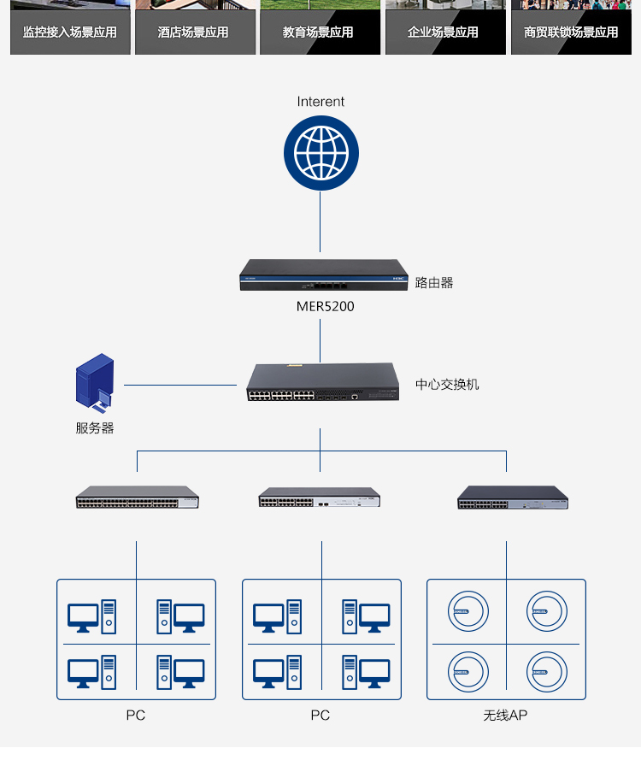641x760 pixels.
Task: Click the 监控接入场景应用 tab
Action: [x=70, y=32]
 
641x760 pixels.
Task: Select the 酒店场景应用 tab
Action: [x=195, y=32]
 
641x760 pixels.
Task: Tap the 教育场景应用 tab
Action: [x=320, y=32]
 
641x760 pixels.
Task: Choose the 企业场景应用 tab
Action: [x=444, y=32]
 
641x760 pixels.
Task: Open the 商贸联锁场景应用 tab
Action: [x=571, y=32]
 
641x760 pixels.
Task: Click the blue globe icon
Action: [x=321, y=153]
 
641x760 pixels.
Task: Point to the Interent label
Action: [x=320, y=102]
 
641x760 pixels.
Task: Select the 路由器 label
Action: [x=434, y=282]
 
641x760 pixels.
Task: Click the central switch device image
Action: [x=322, y=383]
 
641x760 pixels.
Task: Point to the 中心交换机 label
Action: [x=447, y=385]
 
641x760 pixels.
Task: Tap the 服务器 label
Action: [x=95, y=428]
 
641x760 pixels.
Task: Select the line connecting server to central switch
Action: [x=180, y=385]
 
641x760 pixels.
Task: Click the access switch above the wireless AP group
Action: [x=512, y=498]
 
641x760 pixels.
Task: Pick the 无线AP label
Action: [x=505, y=715]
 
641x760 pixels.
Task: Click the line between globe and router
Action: [x=321, y=224]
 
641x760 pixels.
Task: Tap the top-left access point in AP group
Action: [x=469, y=612]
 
